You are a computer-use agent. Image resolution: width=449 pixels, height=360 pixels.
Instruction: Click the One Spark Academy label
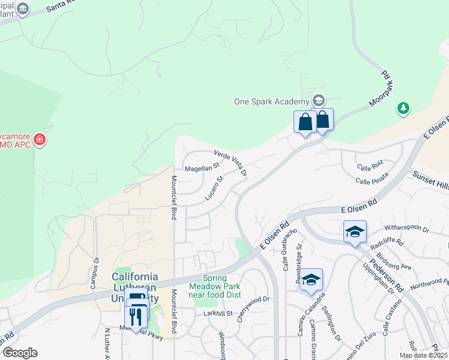click(272, 101)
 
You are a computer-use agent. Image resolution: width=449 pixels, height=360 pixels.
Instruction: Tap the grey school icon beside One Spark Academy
click(319, 100)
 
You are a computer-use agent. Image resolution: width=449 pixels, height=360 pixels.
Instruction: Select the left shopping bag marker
click(305, 122)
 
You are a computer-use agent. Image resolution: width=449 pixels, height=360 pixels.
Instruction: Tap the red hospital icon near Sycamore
click(40, 140)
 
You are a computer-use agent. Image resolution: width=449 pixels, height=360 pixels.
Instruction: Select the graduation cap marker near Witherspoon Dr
click(355, 232)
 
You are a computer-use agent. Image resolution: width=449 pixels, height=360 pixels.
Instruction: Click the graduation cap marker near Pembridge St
click(311, 280)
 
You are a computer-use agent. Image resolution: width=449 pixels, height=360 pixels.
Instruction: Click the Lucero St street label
click(214, 187)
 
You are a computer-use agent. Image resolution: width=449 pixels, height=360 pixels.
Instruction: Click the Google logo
click(20, 352)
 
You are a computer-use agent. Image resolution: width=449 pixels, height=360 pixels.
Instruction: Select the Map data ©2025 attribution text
click(423, 355)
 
